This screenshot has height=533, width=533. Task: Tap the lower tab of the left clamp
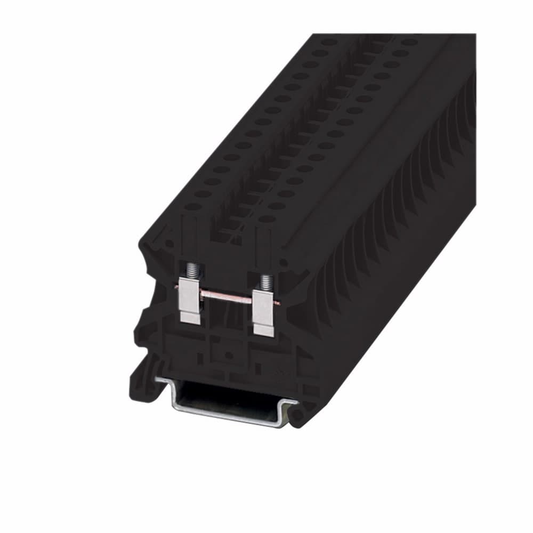[190, 317]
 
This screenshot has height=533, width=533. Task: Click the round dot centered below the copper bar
[228, 354]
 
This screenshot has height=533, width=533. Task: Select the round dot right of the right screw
[283, 262]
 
